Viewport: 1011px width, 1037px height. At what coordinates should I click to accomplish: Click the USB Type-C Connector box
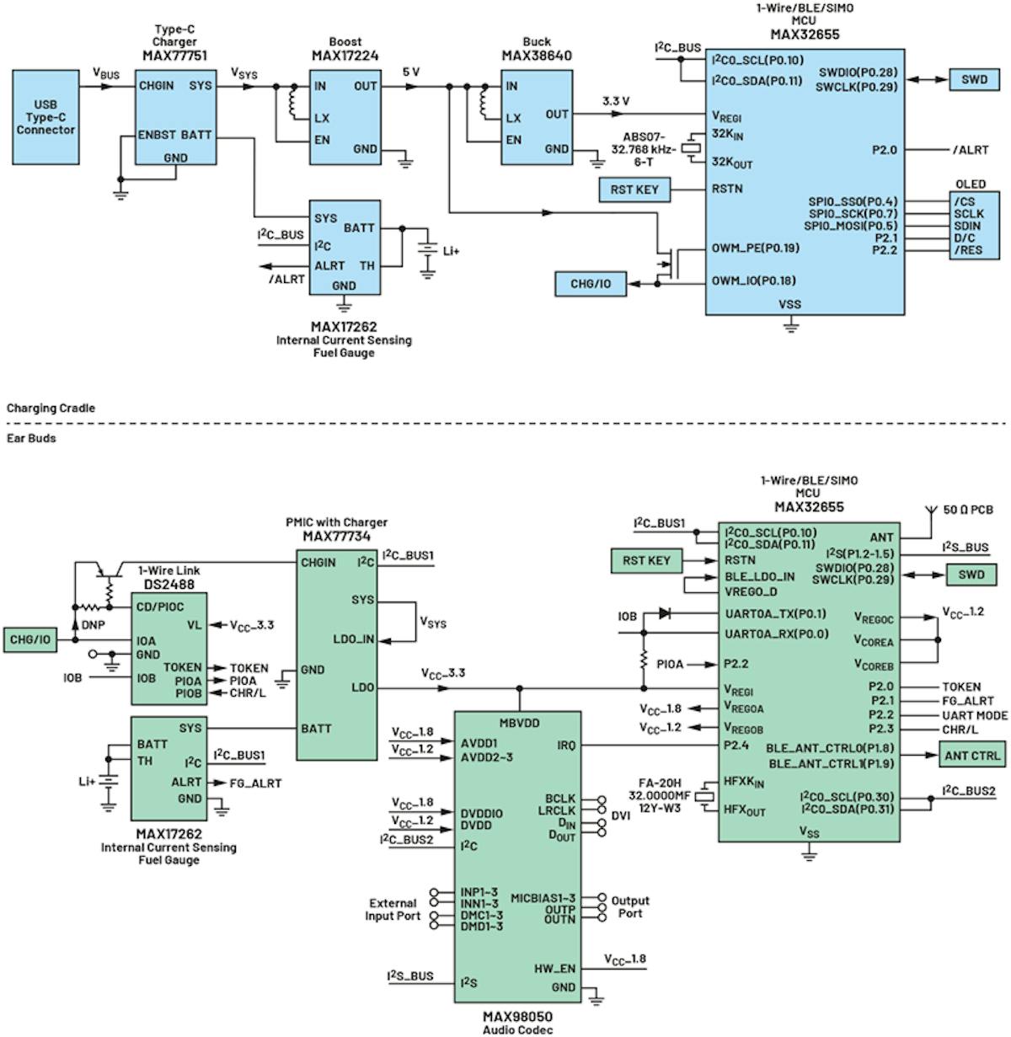pyautogui.click(x=45, y=117)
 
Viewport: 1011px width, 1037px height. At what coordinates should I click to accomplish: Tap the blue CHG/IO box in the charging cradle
pyautogui.click(x=591, y=284)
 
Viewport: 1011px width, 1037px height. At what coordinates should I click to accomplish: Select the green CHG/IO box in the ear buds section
pyautogui.click(x=29, y=639)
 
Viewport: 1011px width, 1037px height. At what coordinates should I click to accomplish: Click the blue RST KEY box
pyautogui.click(x=634, y=190)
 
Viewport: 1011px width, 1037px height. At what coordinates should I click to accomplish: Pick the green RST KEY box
pyautogui.click(x=646, y=560)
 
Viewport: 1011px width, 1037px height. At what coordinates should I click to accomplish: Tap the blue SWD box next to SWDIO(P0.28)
pyautogui.click(x=974, y=79)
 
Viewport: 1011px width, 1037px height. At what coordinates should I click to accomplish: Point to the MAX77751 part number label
pyautogui.click(x=174, y=56)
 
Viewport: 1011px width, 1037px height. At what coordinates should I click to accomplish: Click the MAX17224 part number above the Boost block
pyautogui.click(x=345, y=56)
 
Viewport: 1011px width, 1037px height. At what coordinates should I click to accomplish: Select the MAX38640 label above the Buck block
pyautogui.click(x=537, y=56)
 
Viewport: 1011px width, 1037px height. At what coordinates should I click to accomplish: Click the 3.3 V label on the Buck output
pyautogui.click(x=615, y=101)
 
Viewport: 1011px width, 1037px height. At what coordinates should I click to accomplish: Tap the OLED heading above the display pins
pyautogui.click(x=970, y=184)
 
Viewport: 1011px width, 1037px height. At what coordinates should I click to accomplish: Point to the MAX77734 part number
pyautogui.click(x=336, y=536)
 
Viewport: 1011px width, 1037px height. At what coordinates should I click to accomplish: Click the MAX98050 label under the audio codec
pyautogui.click(x=517, y=1017)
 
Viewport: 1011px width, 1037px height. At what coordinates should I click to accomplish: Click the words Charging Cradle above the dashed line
pyautogui.click(x=51, y=408)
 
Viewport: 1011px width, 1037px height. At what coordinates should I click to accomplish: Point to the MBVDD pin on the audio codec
pyautogui.click(x=519, y=723)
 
